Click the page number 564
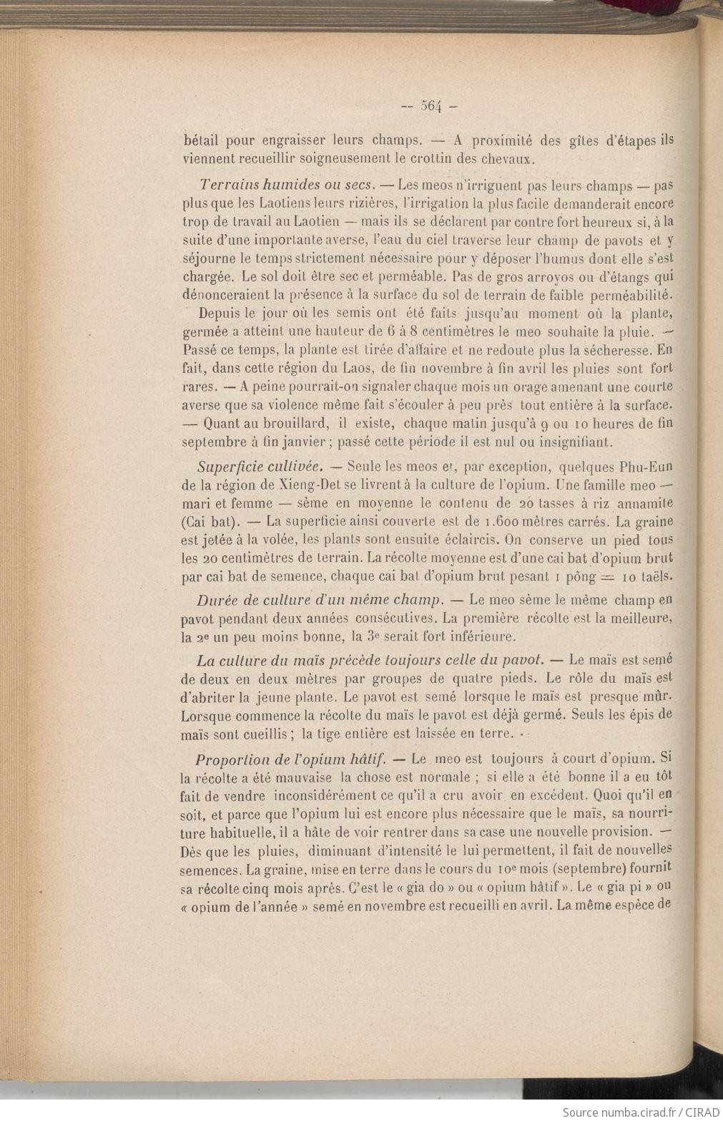tap(429, 106)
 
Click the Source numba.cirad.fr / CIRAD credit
tap(640, 1112)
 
